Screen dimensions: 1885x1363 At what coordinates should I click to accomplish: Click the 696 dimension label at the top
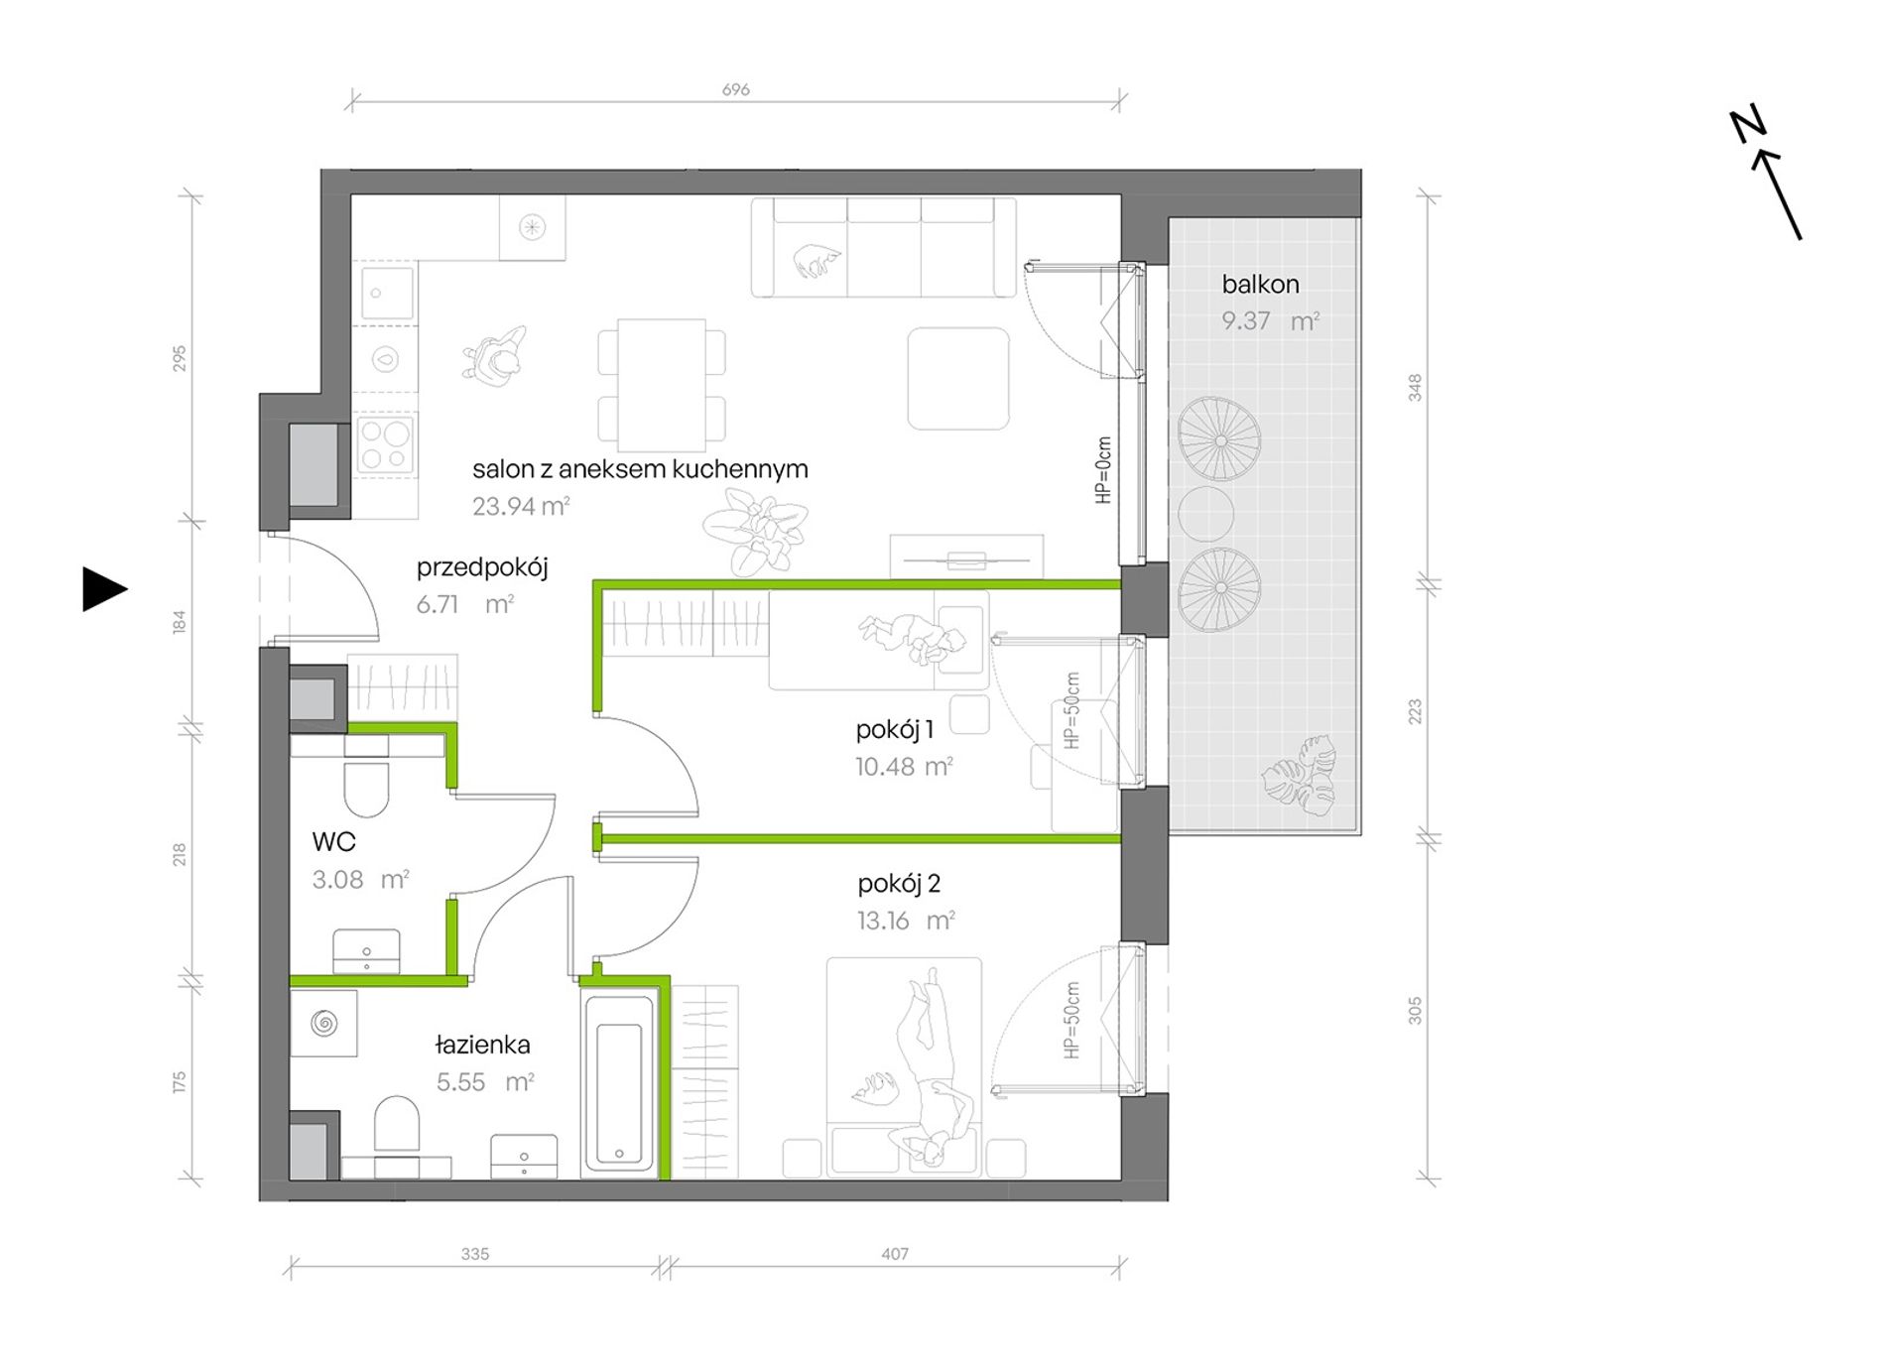(735, 89)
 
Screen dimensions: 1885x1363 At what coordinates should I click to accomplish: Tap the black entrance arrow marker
(104, 589)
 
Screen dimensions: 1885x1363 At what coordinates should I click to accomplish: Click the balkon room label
(1260, 285)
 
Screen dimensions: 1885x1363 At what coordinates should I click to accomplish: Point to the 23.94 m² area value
(521, 506)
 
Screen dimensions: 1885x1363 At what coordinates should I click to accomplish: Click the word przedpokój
(482, 568)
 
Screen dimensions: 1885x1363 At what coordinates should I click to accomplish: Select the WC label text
(333, 842)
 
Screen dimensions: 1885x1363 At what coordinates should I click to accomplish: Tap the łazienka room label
(483, 1044)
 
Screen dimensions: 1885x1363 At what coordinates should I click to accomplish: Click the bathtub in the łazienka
(620, 1082)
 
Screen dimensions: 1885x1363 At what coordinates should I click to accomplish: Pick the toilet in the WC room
(367, 786)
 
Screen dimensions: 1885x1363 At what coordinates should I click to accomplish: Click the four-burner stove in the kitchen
(385, 443)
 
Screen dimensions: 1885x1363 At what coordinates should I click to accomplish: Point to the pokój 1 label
(895, 730)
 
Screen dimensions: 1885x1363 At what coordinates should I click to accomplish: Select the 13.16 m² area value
(906, 921)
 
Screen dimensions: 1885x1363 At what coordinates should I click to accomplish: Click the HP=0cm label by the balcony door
(1103, 470)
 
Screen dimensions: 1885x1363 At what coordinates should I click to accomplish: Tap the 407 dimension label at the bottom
(895, 1254)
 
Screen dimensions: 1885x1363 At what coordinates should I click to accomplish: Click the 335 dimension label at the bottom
(475, 1254)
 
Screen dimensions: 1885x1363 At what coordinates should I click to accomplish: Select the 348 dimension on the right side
(1415, 388)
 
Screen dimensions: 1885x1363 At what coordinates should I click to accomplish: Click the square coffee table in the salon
(958, 379)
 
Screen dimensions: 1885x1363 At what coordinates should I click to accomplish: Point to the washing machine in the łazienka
(323, 1023)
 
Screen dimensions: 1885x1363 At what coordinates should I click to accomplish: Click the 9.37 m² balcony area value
(1270, 321)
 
